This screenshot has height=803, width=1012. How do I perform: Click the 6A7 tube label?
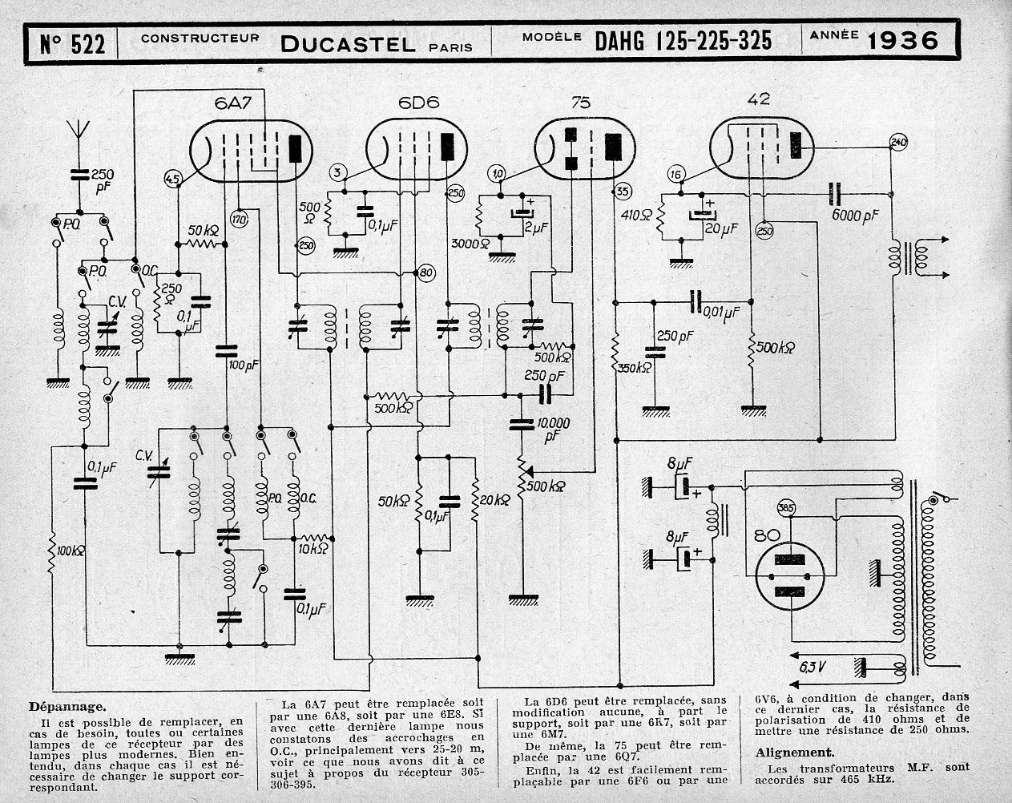[x=233, y=103]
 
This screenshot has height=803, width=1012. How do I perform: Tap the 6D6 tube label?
[x=418, y=103]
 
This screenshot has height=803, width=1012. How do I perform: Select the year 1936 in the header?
[x=902, y=41]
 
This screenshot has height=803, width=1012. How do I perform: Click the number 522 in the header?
[x=87, y=44]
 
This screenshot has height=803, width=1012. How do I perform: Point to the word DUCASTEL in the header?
[x=348, y=44]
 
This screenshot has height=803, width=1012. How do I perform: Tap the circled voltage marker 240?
[x=898, y=142]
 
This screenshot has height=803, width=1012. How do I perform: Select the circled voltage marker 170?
[x=240, y=219]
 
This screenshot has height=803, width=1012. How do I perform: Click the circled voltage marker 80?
[x=426, y=272]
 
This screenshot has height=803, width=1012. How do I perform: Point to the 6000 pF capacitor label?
[x=855, y=215]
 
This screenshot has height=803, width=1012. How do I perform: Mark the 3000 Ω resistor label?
[x=470, y=243]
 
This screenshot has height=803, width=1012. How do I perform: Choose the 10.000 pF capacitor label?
[x=554, y=430]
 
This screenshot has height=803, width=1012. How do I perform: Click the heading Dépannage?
[x=68, y=707]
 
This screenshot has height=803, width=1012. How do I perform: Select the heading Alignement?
[x=795, y=753]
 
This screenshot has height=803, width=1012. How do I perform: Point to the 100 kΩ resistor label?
[x=70, y=551]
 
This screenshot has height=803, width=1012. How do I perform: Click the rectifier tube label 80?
[x=767, y=536]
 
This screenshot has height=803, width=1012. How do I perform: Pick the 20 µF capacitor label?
[x=720, y=228]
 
